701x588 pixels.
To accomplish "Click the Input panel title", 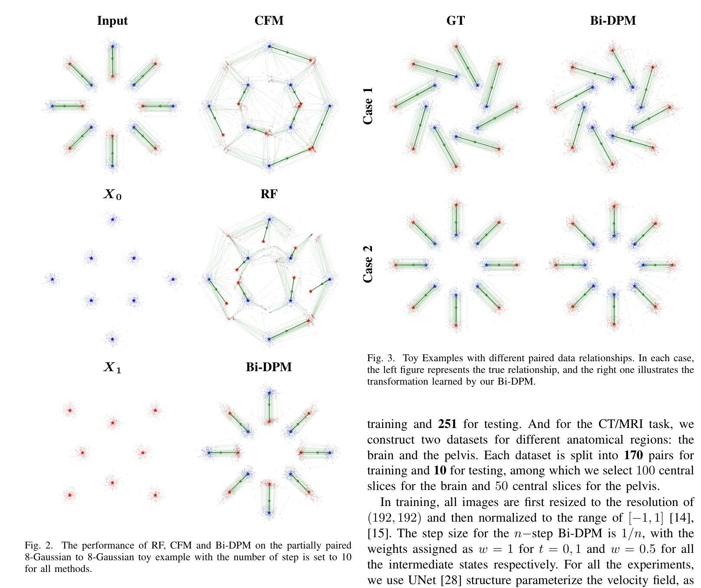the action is click(112, 21).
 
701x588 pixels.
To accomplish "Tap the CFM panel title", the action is click(269, 21).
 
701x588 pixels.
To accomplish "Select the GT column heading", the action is click(456, 21).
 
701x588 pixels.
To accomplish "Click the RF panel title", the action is click(269, 194).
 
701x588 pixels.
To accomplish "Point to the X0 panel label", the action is click(112, 195).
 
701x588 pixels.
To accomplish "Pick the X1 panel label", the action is click(112, 368).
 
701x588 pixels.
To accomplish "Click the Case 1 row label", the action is click(368, 106).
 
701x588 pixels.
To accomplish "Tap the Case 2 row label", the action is click(368, 264).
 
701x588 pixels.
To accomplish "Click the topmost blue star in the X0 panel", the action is click(113, 219).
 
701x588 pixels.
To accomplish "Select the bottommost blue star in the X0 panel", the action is click(112, 339).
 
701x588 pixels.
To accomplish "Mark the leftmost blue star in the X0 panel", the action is click(53, 279).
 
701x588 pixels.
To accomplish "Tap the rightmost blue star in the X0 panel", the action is click(173, 279).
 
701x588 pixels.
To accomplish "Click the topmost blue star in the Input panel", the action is click(113, 46).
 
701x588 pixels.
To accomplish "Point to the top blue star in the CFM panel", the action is click(270, 46).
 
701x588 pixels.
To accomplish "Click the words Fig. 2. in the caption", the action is click(39, 546).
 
